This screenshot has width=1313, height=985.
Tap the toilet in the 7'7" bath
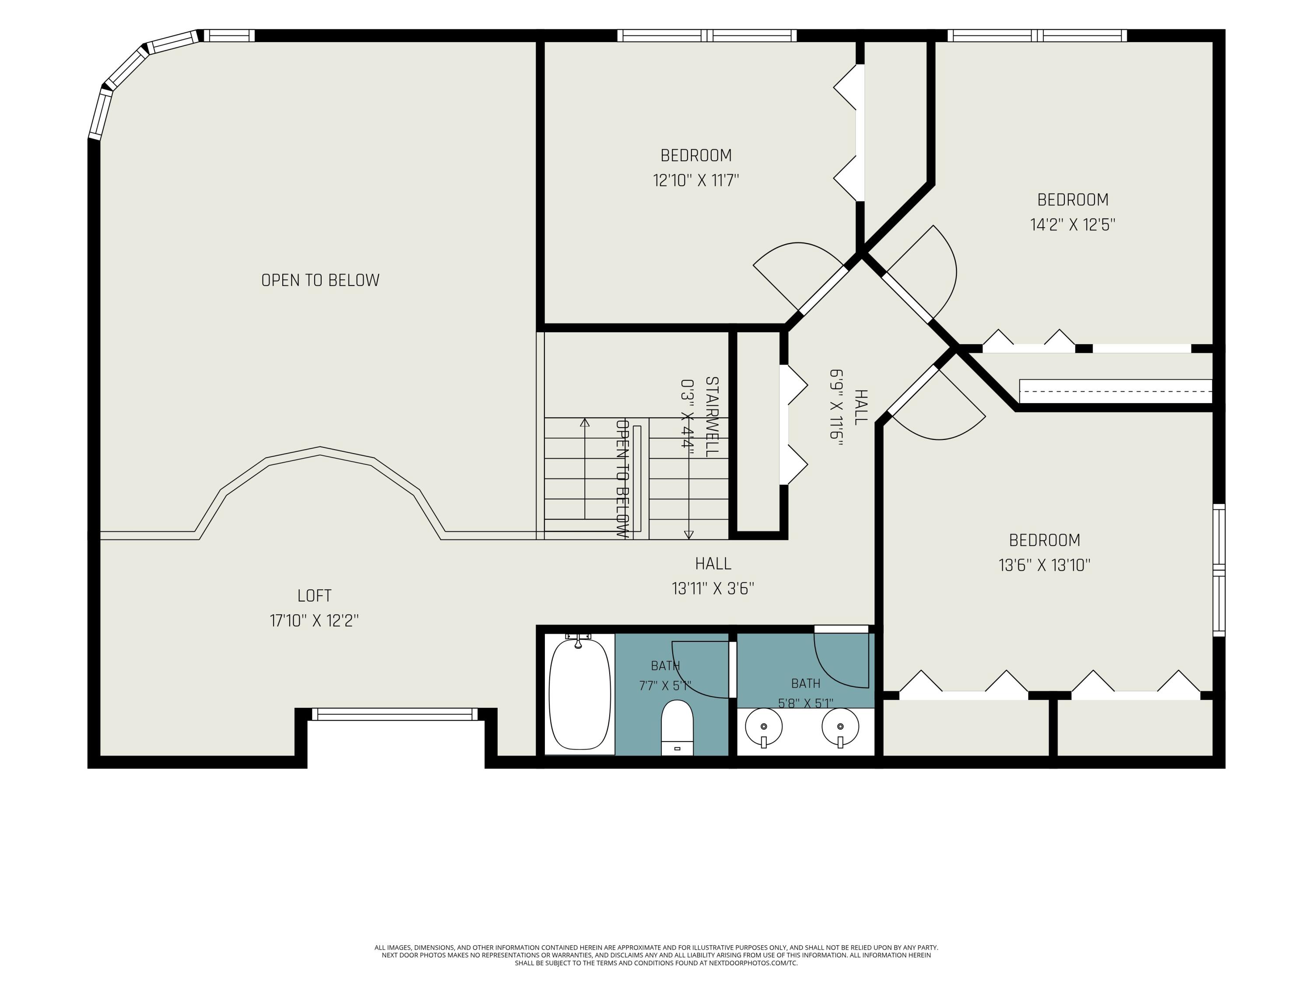coord(677,728)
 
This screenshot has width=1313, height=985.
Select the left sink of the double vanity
coord(764,728)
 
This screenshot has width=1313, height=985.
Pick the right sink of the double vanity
coord(840,728)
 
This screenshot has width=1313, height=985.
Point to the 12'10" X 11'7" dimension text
coord(696,180)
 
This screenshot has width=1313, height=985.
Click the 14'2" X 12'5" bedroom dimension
coord(1073,225)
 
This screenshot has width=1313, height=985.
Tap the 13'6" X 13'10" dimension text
coord(1045,565)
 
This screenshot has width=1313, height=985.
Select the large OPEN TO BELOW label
coord(320,280)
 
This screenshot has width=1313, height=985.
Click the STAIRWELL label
coord(712,417)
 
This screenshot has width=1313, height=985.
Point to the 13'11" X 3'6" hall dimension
coord(713,588)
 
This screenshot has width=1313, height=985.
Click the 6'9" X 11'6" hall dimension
coord(836,407)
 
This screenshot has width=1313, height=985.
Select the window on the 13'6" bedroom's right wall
coord(1218,570)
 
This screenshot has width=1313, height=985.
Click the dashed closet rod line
coord(1115,391)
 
